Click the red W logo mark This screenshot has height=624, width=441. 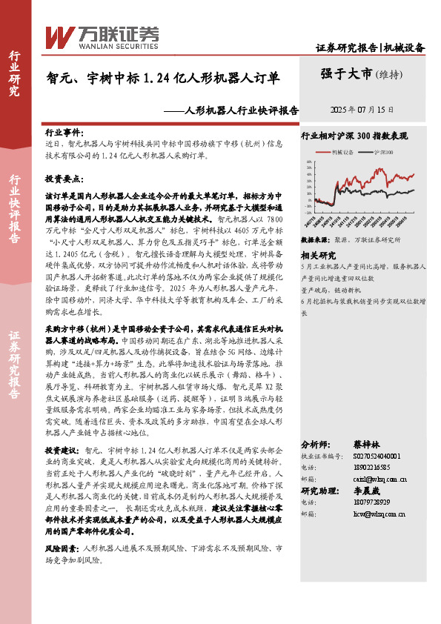coord(59,36)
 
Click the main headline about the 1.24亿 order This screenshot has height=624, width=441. coord(163,77)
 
